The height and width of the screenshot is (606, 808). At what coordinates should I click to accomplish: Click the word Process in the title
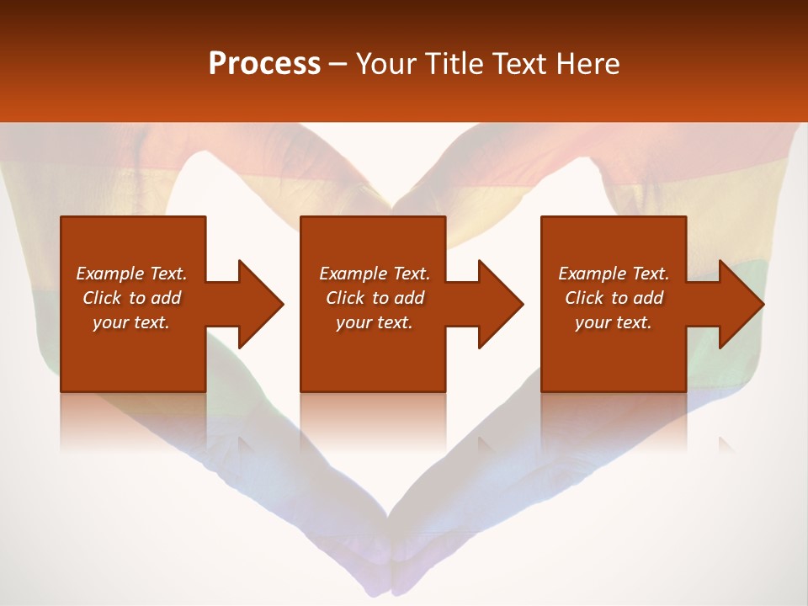264,64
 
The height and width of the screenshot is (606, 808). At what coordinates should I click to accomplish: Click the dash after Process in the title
338,65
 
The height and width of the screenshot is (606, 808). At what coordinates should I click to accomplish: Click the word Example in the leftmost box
109,274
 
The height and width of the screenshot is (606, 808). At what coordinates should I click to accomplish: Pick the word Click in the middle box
344,298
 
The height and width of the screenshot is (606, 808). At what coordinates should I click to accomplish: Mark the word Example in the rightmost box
592,274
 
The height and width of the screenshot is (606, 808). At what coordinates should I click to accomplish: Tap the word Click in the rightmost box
583,298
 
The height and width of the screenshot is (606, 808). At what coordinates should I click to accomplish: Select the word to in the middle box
380,298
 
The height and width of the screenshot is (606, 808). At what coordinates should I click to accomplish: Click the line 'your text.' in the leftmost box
131,322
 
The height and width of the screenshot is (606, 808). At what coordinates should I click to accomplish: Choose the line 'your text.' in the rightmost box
613,322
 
